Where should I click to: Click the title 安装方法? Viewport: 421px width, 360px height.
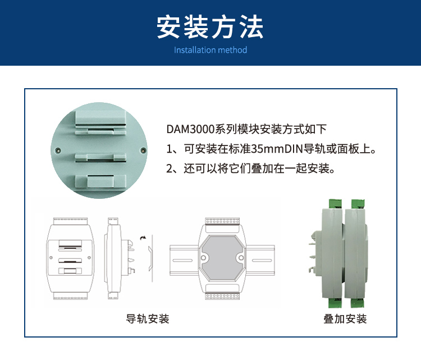pyautogui.click(x=210, y=27)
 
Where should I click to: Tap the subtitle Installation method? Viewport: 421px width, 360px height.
pyautogui.click(x=210, y=50)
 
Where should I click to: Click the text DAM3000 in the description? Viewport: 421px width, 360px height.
pyautogui.click(x=190, y=129)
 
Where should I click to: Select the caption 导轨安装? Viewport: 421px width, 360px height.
pyautogui.click(x=148, y=319)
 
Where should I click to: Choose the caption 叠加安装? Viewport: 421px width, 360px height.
pyautogui.click(x=345, y=319)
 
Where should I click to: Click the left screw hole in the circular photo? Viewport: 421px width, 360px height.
pyautogui.click(x=58, y=151)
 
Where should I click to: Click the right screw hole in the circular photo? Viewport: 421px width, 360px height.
pyautogui.click(x=143, y=151)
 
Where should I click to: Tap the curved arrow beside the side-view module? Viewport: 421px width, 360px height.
pyautogui.click(x=143, y=238)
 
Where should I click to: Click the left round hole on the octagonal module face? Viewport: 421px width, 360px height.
pyautogui.click(x=203, y=258)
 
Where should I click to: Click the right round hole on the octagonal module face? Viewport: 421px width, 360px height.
pyautogui.click(x=241, y=258)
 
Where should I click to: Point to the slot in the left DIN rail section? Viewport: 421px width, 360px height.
pyautogui.click(x=182, y=261)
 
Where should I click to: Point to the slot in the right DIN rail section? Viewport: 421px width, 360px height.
pyautogui.click(x=262, y=261)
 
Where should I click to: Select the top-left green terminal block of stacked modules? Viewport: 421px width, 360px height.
pyautogui.click(x=335, y=204)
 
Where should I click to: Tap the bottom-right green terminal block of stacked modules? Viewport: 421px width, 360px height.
pyautogui.click(x=357, y=303)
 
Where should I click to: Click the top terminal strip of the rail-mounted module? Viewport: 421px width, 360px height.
pyautogui.click(x=222, y=221)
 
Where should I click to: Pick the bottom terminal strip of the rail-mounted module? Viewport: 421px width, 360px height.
pyautogui.click(x=222, y=297)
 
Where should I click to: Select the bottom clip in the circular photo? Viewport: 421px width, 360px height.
pyautogui.click(x=100, y=181)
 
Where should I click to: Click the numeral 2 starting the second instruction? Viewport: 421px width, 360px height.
pyautogui.click(x=169, y=168)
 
